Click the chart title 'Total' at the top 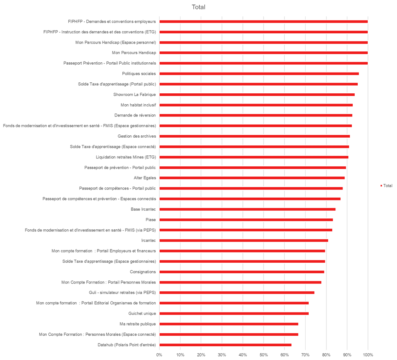tap(198, 7)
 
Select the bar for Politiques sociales tap(259, 74)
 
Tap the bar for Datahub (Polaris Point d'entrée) tap(226, 345)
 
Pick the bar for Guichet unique tap(234, 314)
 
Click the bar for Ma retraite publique tap(229, 324)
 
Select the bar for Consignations tap(242, 272)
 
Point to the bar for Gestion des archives tap(255, 136)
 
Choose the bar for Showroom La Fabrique tap(257, 95)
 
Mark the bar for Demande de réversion tap(256, 115)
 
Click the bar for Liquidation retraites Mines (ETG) tap(254, 157)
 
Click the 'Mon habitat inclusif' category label tap(138, 105)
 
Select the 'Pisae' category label tap(151, 220)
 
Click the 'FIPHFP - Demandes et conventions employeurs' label tap(112, 22)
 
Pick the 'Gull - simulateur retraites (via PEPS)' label tap(122, 293)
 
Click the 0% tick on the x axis tap(159, 355)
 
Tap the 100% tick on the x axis tap(368, 355)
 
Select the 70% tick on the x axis tap(305, 355)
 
